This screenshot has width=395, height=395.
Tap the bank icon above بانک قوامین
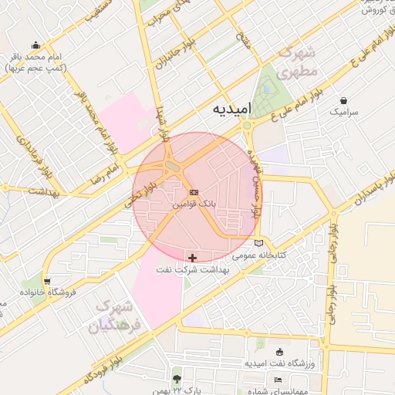(193, 192)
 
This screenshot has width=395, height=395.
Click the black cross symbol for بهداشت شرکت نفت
(192, 256)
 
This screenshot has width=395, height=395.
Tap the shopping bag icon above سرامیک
(343, 100)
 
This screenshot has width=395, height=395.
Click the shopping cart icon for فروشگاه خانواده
(49, 281)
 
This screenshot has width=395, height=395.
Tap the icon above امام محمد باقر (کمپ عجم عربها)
(35, 46)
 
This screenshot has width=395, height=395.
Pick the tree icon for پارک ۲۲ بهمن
(177, 379)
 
